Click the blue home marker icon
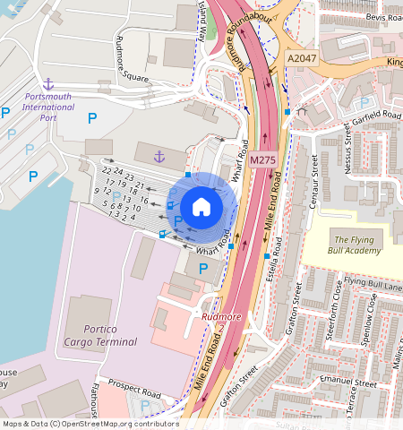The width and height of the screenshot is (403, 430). click(x=201, y=207)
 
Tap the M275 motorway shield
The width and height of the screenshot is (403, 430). click(x=262, y=160)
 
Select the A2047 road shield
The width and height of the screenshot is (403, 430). click(x=301, y=57)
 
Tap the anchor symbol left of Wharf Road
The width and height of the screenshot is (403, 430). click(x=159, y=158)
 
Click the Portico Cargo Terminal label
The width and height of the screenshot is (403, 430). click(x=107, y=335)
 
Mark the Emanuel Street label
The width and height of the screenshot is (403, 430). click(x=351, y=383)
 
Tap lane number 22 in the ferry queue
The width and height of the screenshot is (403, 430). click(x=107, y=170)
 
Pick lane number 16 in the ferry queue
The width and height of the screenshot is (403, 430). click(x=143, y=199)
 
